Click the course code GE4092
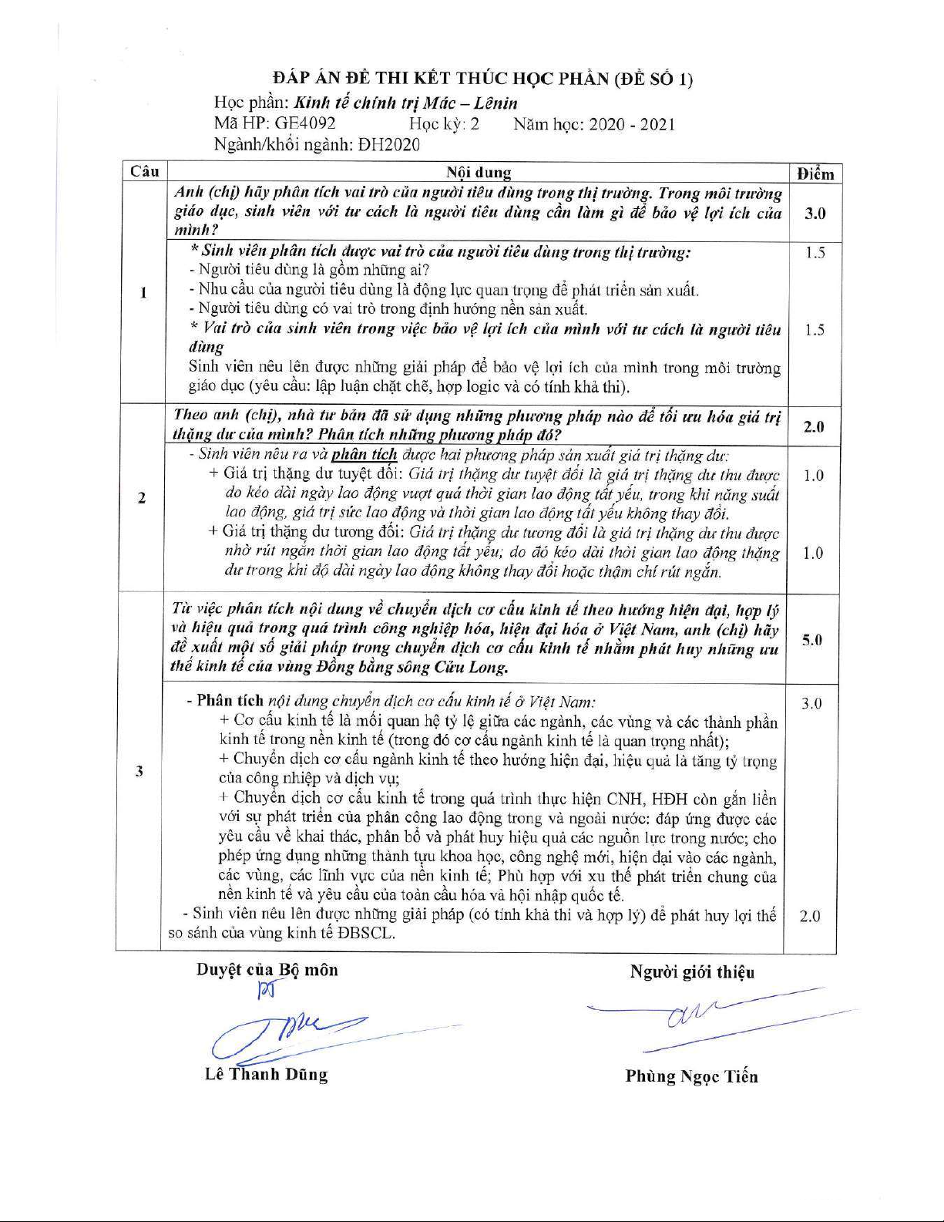tap(305, 123)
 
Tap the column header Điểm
tap(815, 173)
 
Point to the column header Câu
tap(144, 171)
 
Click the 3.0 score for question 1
tap(815, 214)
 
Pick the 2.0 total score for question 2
tap(814, 426)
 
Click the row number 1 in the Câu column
tap(143, 292)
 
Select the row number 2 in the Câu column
tap(142, 498)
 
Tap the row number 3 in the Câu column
tap(139, 771)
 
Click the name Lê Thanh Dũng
tap(266, 1074)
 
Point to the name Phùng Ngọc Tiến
tap(691, 1076)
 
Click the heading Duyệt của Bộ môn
tap(267, 970)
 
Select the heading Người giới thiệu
tap(692, 971)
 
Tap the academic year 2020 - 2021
tap(632, 124)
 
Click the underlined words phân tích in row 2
tap(364, 455)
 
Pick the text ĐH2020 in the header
tap(389, 144)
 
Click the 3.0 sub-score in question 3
tap(811, 703)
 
